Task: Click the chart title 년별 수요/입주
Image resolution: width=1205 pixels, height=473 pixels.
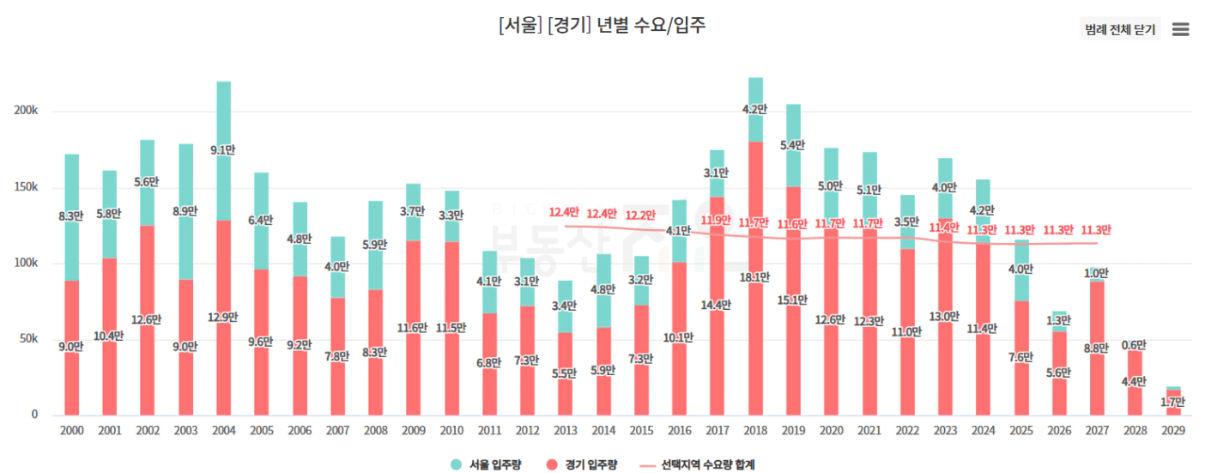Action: pyautogui.click(x=602, y=26)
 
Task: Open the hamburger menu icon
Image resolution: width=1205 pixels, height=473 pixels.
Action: pyautogui.click(x=1181, y=29)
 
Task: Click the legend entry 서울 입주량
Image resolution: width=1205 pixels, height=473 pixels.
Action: pyautogui.click(x=490, y=464)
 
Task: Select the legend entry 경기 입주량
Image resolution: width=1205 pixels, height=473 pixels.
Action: pyautogui.click(x=584, y=464)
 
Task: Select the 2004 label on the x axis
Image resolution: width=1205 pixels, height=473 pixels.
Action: pyautogui.click(x=223, y=429)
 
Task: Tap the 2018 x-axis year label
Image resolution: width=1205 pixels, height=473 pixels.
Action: pyautogui.click(x=755, y=429)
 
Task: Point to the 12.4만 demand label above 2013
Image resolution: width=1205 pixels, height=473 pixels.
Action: pyautogui.click(x=565, y=212)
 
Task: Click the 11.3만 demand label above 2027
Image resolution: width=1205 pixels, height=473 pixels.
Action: pyautogui.click(x=1095, y=229)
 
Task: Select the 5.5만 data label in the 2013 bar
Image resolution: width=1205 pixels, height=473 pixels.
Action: pyautogui.click(x=565, y=373)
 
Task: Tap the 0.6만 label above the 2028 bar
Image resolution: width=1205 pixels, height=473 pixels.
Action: pyautogui.click(x=1134, y=344)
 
